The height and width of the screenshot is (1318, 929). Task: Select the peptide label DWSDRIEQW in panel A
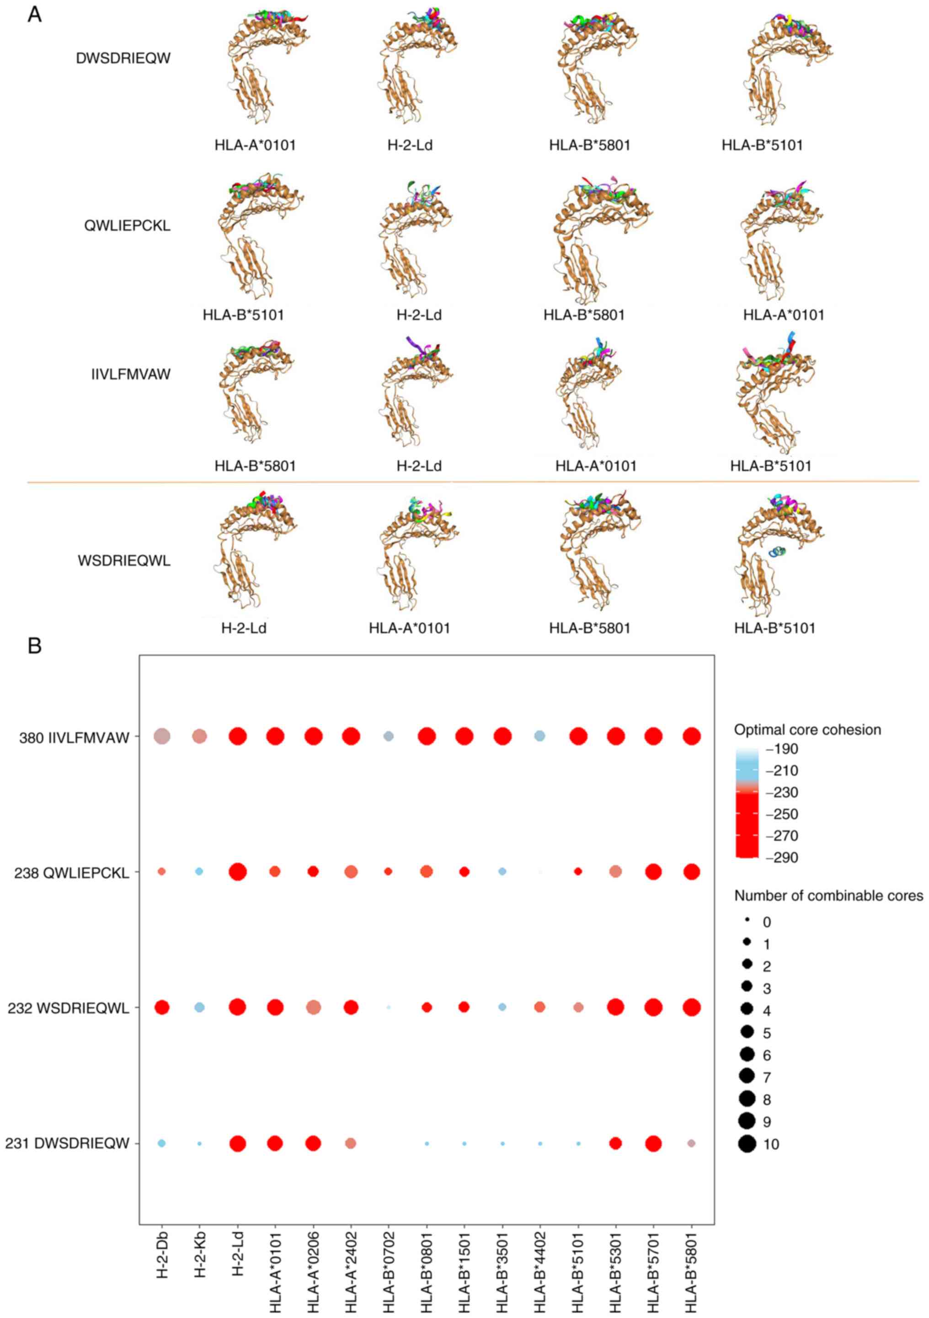click(x=123, y=59)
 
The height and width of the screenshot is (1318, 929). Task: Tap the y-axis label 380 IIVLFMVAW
click(x=74, y=738)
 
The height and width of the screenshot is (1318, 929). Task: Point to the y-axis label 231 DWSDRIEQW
click(x=67, y=1144)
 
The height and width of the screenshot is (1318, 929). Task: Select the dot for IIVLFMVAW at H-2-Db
click(x=162, y=736)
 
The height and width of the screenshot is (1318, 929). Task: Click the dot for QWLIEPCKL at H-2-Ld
click(x=237, y=871)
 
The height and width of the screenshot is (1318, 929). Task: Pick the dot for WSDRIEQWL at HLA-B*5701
click(x=653, y=1008)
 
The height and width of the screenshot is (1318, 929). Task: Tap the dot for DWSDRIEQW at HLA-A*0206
click(x=313, y=1143)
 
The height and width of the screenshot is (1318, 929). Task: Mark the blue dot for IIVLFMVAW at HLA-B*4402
click(x=540, y=736)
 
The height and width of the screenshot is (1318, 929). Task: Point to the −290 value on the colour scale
click(x=785, y=857)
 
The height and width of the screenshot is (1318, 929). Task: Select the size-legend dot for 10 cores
click(x=747, y=1144)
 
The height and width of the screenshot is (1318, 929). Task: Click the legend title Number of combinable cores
click(x=828, y=896)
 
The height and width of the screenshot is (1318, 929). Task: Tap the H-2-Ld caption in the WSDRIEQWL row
click(x=244, y=628)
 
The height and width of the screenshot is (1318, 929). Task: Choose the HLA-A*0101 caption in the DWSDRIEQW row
click(x=255, y=145)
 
